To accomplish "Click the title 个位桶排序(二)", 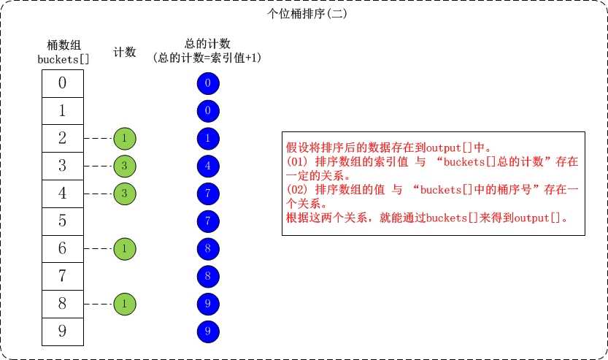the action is pos(307,14).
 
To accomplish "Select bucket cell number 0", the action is pos(63,83).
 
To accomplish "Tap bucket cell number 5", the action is pos(63,221).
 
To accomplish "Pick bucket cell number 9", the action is pos(63,332).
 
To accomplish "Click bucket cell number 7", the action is pos(63,276).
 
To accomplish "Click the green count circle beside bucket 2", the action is pos(125,139).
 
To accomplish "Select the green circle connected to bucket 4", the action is pos(125,194).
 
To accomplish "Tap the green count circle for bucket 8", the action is pos(125,304).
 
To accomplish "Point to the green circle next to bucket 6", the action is pos(125,249).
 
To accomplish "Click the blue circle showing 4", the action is pos(208,166).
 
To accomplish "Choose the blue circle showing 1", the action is pos(208,139).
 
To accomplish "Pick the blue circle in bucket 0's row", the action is pos(208,83).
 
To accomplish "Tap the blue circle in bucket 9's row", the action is pos(208,332).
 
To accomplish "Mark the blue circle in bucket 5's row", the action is pos(208,221).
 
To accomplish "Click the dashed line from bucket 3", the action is pos(99,166).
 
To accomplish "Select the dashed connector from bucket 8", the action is pos(99,304).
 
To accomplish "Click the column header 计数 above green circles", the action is pos(125,52).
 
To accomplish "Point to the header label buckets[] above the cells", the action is pos(64,59).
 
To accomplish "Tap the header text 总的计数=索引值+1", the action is pos(207,58).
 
